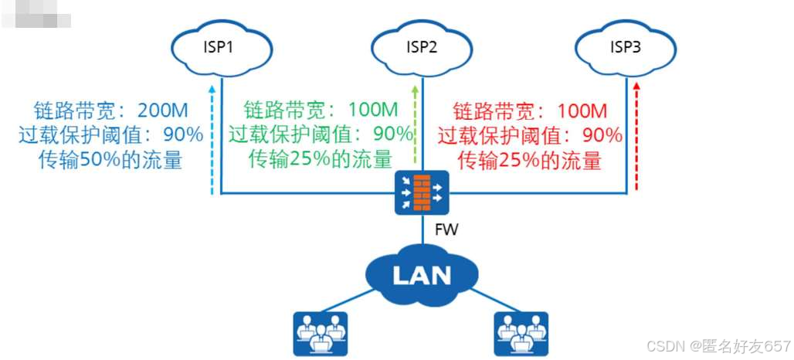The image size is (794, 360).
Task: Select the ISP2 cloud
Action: (422, 48)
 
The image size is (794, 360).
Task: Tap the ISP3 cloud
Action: (626, 48)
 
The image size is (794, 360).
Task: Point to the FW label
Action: (446, 230)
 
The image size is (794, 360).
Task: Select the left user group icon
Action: (321, 333)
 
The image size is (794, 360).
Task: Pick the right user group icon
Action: (520, 333)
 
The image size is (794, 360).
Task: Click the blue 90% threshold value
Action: (185, 135)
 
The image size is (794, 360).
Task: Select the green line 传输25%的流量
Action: (320, 159)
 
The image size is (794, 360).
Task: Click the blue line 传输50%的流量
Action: (110, 161)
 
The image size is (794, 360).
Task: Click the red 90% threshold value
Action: (603, 135)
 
